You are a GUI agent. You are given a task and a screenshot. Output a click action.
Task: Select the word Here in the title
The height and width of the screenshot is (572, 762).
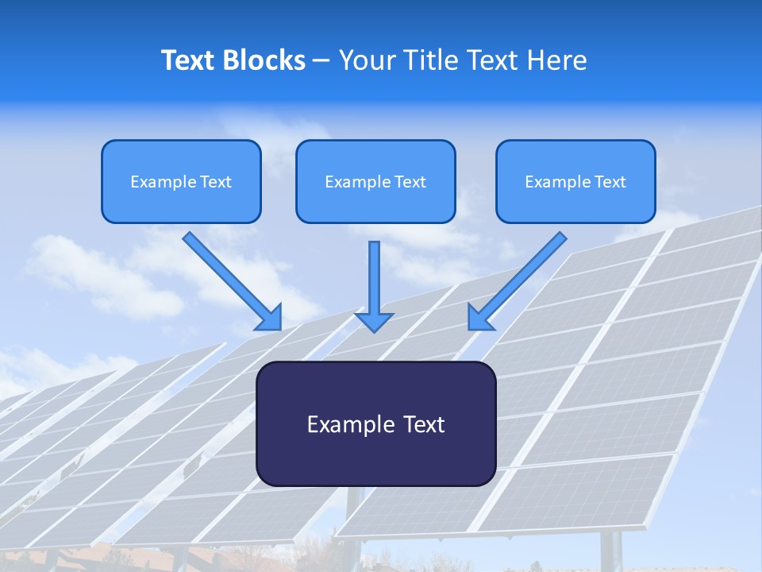pos(556,60)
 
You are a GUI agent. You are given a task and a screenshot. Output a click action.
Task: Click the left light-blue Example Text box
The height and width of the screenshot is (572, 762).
pos(181,181)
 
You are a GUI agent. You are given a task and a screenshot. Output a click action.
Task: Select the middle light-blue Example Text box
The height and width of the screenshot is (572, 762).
pos(375,181)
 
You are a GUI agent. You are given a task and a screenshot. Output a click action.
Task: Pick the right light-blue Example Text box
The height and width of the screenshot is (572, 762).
pos(575,181)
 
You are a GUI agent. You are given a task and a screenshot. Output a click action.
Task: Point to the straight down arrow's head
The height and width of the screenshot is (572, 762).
pos(374,322)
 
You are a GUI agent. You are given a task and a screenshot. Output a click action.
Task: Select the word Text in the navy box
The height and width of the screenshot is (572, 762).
pos(424,424)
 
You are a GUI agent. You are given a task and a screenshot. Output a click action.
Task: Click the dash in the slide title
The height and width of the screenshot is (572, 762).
pos(321,60)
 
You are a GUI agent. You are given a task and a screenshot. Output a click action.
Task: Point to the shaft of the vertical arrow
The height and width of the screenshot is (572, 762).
pos(374,274)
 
